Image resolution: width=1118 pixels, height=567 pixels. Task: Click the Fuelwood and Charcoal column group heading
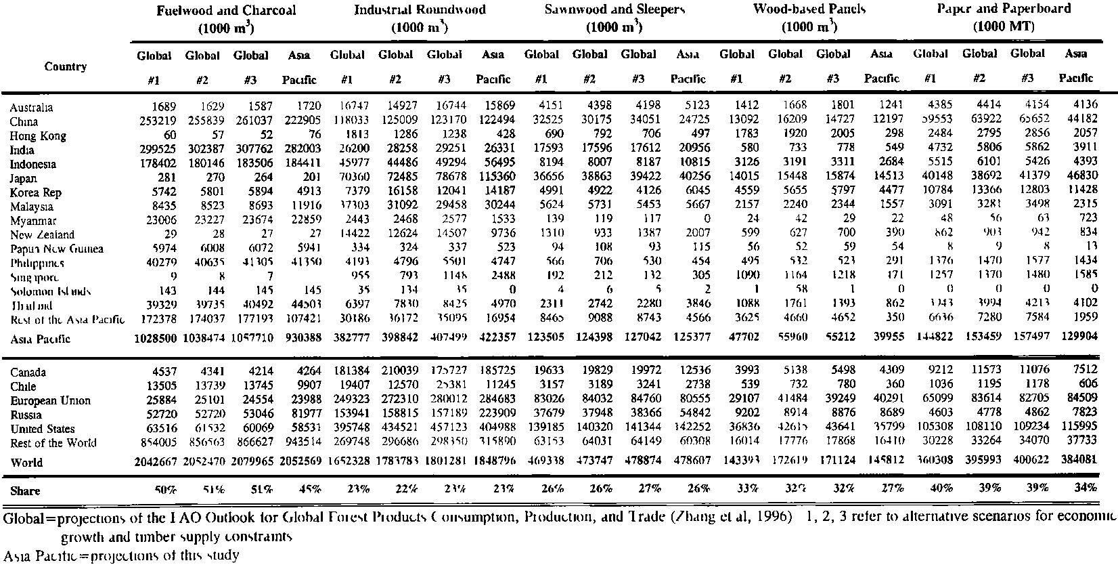pyautogui.click(x=226, y=12)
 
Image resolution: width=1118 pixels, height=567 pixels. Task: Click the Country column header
pyautogui.click(x=66, y=66)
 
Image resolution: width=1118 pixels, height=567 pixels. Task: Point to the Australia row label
pyautogui.click(x=31, y=107)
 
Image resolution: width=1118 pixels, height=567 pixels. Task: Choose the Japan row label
pyautogui.click(x=23, y=178)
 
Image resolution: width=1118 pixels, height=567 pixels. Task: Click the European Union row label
pyautogui.click(x=50, y=400)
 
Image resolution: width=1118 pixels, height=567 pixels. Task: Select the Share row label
pyautogui.click(x=25, y=490)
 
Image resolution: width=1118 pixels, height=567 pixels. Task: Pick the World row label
pyautogui.click(x=26, y=462)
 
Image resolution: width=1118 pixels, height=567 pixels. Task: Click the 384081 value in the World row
pyautogui.click(x=1075, y=461)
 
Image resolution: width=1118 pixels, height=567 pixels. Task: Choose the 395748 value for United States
pyautogui.click(x=349, y=428)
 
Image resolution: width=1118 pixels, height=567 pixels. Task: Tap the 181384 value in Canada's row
pyautogui.click(x=349, y=372)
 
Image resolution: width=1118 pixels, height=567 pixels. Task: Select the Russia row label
pyautogui.click(x=26, y=415)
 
